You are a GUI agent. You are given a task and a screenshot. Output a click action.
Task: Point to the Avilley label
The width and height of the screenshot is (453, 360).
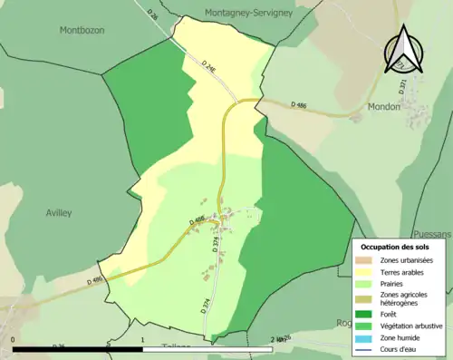(58, 212)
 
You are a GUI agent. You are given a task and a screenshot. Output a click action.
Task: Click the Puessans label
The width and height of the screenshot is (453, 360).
(431, 233)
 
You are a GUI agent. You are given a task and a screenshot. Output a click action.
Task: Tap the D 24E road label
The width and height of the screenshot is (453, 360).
(210, 66)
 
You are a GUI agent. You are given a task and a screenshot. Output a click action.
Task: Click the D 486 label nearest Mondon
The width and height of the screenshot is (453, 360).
(299, 105)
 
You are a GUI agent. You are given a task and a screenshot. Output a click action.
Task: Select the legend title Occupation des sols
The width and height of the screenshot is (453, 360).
(395, 247)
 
